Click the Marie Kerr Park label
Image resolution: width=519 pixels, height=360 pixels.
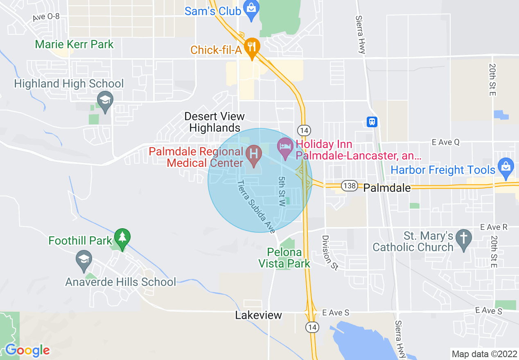(x=74, y=44)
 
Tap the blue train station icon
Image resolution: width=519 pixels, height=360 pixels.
(x=372, y=122)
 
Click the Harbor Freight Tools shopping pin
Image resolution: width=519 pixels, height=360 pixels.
(x=506, y=168)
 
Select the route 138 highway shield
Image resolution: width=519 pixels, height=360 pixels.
(x=350, y=186)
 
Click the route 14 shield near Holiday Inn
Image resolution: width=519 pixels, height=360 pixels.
(x=303, y=130)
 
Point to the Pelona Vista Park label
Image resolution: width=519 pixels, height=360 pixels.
(x=284, y=258)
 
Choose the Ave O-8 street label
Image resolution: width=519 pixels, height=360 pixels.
(x=47, y=18)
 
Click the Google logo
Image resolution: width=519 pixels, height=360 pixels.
(x=27, y=350)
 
